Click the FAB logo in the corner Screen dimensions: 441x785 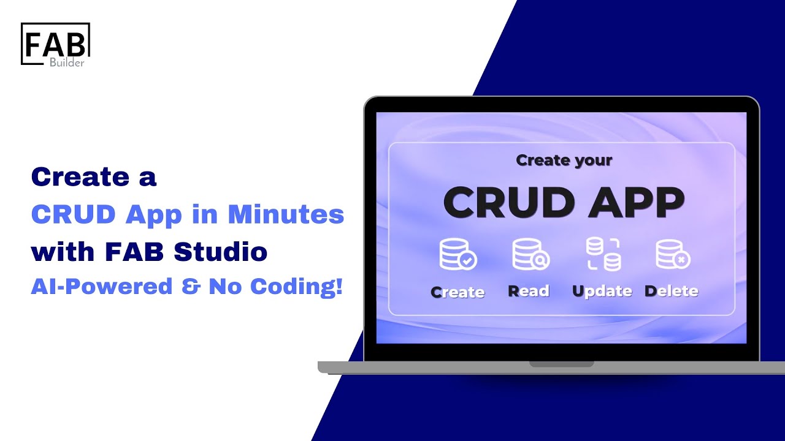coord(55,43)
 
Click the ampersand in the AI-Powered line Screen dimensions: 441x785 coord(191,287)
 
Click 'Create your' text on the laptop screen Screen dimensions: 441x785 coord(564,160)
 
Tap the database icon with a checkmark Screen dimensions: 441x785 coord(458,255)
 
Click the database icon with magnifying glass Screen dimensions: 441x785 coord(530,255)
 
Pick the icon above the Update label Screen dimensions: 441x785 coord(603,255)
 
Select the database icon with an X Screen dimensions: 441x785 coord(672,255)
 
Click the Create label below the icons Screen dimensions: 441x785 coord(458,292)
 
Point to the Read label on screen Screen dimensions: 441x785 coord(529,291)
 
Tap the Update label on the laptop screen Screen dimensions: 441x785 coord(602,292)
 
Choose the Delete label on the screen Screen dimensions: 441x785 coord(672,291)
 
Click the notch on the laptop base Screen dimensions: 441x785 coord(562,364)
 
